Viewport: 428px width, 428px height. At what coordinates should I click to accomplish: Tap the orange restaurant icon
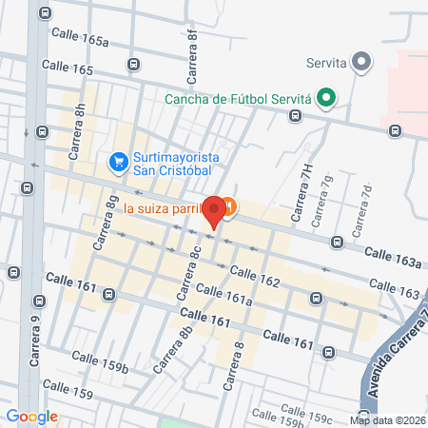(229, 206)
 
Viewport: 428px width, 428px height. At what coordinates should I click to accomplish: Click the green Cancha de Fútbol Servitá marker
(325, 96)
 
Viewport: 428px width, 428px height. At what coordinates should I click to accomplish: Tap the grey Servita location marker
(360, 64)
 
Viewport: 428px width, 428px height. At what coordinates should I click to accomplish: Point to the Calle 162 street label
(255, 277)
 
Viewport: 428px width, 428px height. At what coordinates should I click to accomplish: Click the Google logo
(31, 416)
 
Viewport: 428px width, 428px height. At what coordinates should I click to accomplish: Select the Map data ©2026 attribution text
(386, 419)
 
